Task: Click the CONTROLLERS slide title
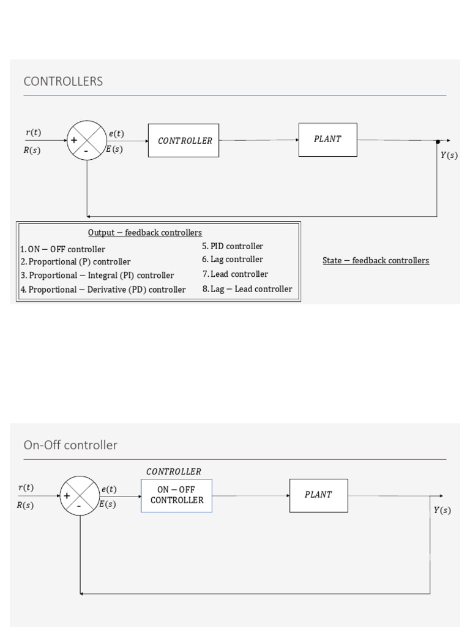click(x=63, y=81)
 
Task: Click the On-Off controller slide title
click(x=70, y=445)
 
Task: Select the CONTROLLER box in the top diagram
click(x=184, y=140)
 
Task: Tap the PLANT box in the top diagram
click(x=327, y=139)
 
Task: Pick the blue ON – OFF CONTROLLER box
click(x=177, y=495)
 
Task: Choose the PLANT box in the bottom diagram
click(x=318, y=495)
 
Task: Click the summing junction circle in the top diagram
click(x=87, y=140)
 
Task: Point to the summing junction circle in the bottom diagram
click(x=80, y=495)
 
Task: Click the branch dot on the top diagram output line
click(x=438, y=141)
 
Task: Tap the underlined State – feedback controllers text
click(x=376, y=261)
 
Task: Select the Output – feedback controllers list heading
click(x=145, y=233)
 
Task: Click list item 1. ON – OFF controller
click(x=62, y=249)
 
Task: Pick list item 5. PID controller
click(x=233, y=246)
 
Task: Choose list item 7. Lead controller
click(x=235, y=274)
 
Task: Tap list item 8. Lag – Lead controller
click(x=247, y=289)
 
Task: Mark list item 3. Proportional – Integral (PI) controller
click(x=97, y=276)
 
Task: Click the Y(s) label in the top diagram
click(x=449, y=156)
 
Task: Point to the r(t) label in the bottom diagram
click(x=26, y=488)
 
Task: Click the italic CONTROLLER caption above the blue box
click(x=174, y=472)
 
